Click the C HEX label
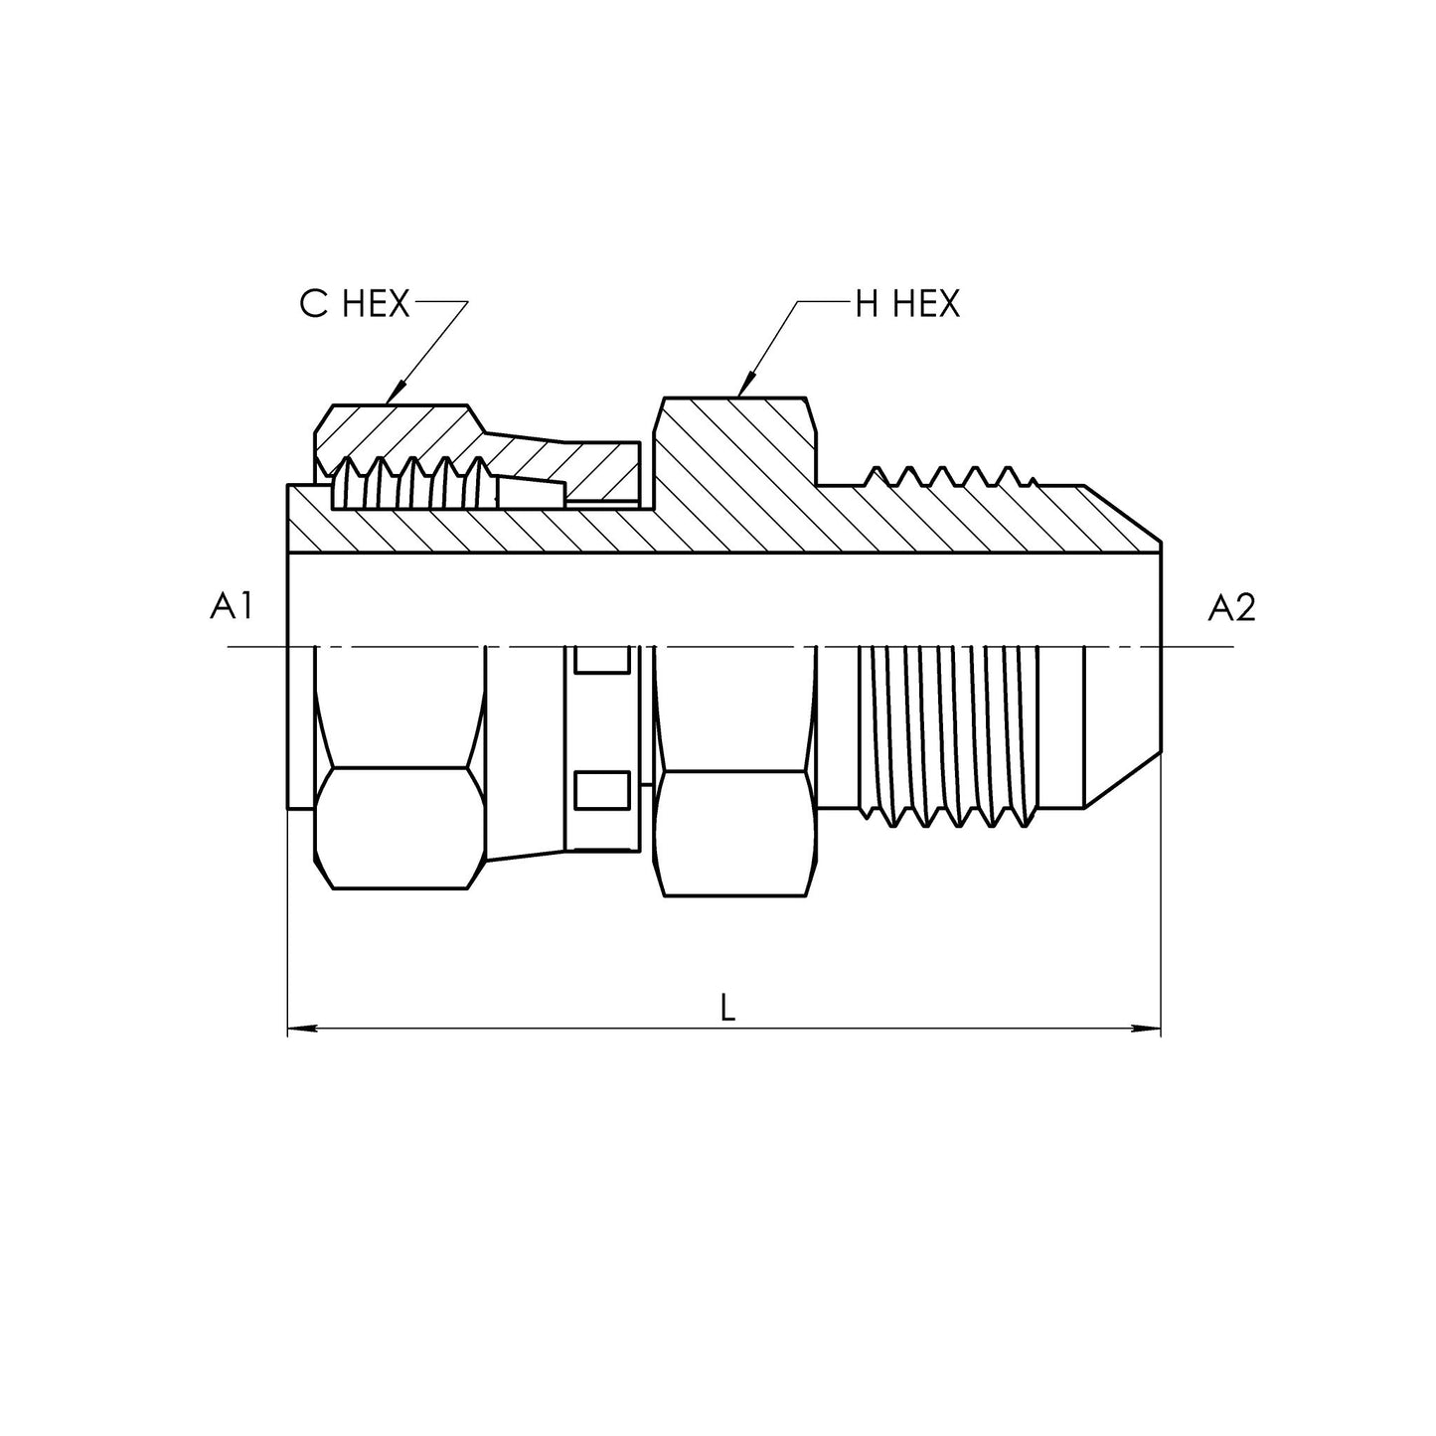355,304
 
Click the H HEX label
907,304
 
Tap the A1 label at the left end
232,606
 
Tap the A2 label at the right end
1232,608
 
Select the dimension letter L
728,1009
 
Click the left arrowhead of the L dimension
302,1030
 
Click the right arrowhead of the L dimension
1146,1030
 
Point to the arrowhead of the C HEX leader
397,393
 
